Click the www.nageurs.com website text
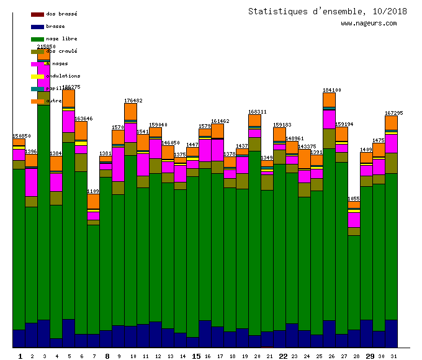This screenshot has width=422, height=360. coord(368,24)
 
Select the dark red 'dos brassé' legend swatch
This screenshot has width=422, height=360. coord(37,14)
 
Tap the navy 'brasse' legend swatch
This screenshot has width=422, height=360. coord(37,27)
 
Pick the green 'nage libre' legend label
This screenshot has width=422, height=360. coord(61,38)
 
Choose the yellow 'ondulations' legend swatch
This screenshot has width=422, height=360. coord(37,76)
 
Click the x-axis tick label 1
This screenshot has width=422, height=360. coord(20,356)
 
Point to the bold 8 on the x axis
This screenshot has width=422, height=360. coord(107,356)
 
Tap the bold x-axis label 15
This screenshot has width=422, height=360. coord(196,356)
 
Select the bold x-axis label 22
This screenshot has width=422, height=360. coord(283,356)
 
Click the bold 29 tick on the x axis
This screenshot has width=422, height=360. coord(370,356)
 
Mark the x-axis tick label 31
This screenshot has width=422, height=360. coord(393,356)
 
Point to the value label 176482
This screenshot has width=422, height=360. coord(133,101)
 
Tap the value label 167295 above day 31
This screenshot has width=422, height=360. coord(394,114)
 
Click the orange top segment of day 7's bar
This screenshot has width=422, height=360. coord(93,202)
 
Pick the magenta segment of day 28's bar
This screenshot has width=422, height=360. coord(354,220)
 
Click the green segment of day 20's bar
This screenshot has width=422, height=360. coord(254,242)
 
